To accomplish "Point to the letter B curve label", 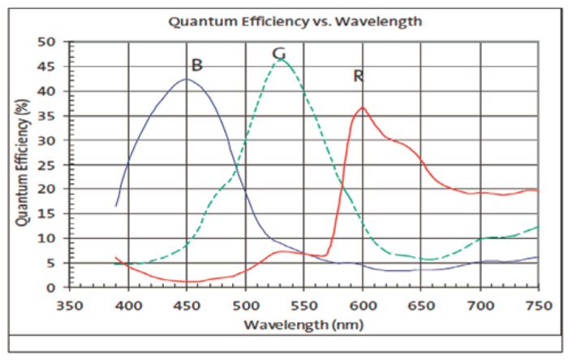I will [x=196, y=65].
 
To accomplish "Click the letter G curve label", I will [x=278, y=54].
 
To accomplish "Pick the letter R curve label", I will [x=358, y=76].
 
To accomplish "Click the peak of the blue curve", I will [x=187, y=79].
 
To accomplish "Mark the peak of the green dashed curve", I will [x=281, y=59].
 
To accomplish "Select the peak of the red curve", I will [x=363, y=107].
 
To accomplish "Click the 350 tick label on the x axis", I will [x=70, y=306].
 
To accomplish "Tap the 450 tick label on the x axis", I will [x=187, y=306].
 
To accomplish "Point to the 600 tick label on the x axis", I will [x=363, y=306].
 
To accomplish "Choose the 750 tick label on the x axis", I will [x=538, y=306].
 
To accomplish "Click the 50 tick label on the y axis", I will [x=49, y=41].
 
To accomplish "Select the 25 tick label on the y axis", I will [x=49, y=165].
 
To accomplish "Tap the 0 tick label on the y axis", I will [x=53, y=287].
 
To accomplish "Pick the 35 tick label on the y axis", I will [x=49, y=115].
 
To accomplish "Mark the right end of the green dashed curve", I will [x=538, y=227].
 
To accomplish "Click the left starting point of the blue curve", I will [x=116, y=206].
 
